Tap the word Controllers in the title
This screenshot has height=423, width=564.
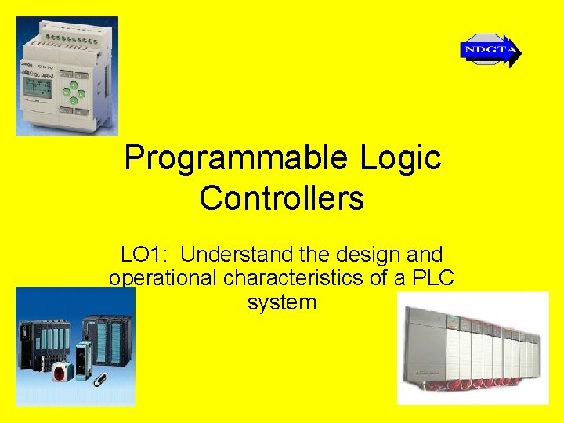click(x=282, y=198)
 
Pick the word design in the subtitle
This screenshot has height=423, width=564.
click(x=366, y=255)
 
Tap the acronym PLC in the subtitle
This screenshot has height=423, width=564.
click(x=434, y=278)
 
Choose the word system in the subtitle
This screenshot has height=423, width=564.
click(x=282, y=302)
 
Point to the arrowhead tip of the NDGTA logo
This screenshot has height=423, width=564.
click(x=519, y=52)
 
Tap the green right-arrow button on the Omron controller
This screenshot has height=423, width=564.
click(x=81, y=93)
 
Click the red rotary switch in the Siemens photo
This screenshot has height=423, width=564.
click(x=59, y=374)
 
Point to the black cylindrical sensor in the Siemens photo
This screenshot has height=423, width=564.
click(x=99, y=382)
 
